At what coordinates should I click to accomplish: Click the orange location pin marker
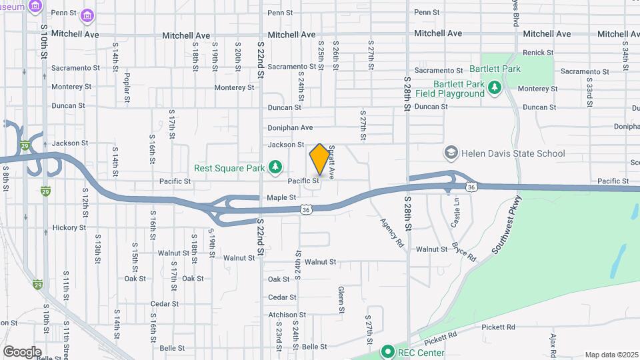pyautogui.click(x=319, y=159)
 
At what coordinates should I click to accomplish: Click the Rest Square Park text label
pyautogui.click(x=230, y=167)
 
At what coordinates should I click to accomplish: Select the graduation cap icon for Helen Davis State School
pyautogui.click(x=451, y=153)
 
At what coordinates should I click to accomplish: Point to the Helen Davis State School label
pyautogui.click(x=513, y=153)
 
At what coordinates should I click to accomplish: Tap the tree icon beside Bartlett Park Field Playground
pyautogui.click(x=494, y=88)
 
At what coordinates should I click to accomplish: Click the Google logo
pyautogui.click(x=22, y=351)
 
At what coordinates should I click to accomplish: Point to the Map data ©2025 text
pyautogui.click(x=612, y=355)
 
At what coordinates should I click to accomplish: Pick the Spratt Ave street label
pyautogui.click(x=331, y=163)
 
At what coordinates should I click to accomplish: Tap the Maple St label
pyautogui.click(x=281, y=197)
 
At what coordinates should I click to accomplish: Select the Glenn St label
pyautogui.click(x=341, y=299)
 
